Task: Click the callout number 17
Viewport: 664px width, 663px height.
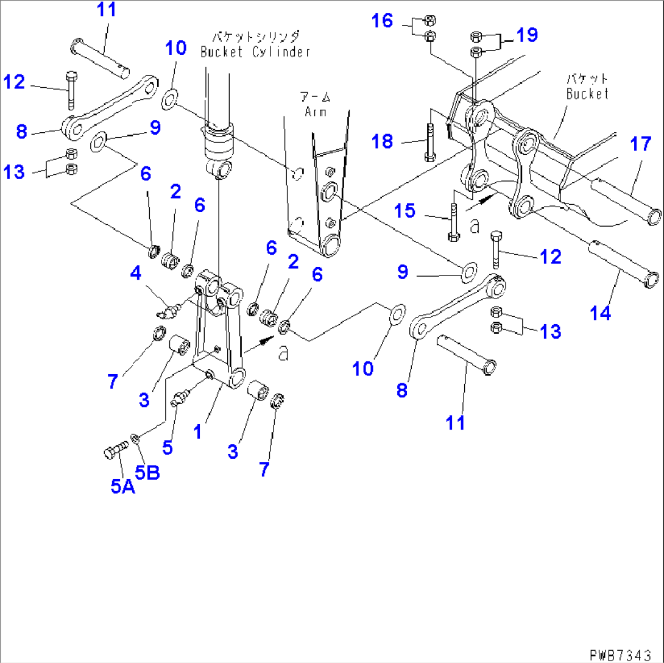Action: [x=641, y=146]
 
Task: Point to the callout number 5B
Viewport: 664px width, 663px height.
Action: [x=147, y=472]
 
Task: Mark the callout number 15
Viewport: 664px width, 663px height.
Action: [x=405, y=211]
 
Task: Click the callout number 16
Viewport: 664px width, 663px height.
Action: [x=383, y=22]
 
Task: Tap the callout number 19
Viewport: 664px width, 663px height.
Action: [x=528, y=35]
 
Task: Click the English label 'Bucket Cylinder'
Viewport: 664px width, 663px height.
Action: [x=256, y=52]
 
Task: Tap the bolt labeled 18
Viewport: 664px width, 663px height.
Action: [x=429, y=143]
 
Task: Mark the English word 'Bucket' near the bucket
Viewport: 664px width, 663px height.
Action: [x=587, y=94]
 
